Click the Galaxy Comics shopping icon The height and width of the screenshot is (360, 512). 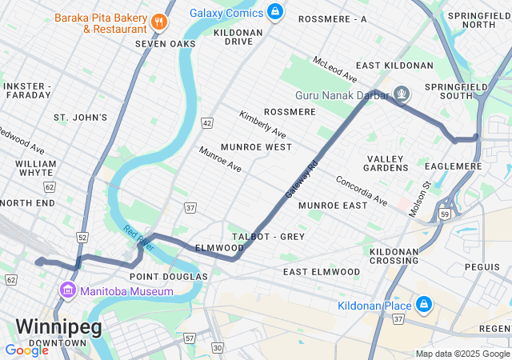[275, 11]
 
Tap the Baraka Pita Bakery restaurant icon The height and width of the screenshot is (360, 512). [160, 22]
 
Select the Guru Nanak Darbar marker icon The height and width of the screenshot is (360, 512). [401, 94]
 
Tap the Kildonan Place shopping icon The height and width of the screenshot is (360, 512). [423, 305]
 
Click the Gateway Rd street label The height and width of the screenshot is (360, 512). [302, 179]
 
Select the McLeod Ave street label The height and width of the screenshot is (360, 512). [334, 70]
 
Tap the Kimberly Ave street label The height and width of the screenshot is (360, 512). [262, 124]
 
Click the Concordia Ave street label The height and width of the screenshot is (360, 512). [362, 190]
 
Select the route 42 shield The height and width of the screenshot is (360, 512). [207, 122]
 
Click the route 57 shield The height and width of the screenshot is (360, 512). [189, 338]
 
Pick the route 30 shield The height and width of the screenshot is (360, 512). [217, 347]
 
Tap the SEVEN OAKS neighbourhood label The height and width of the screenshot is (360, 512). [165, 44]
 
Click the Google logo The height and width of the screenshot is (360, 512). [26, 350]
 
